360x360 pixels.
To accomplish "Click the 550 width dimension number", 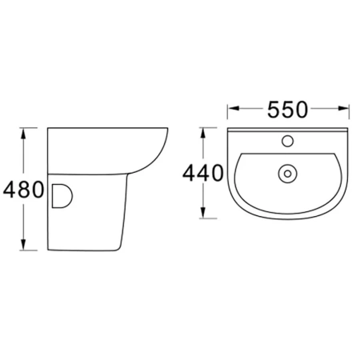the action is (x=287, y=110).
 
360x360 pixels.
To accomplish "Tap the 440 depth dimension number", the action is (x=203, y=173).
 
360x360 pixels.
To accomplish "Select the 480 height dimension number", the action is (x=23, y=190).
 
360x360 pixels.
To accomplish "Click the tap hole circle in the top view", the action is (x=288, y=141).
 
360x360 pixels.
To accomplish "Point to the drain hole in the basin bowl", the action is (x=287, y=174).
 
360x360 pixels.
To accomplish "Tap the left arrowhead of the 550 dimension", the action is (x=233, y=108).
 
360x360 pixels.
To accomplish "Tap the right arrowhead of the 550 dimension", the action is (x=343, y=108).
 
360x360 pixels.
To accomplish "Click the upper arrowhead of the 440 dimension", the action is (x=203, y=133).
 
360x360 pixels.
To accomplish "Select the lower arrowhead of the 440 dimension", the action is (x=203, y=213).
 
